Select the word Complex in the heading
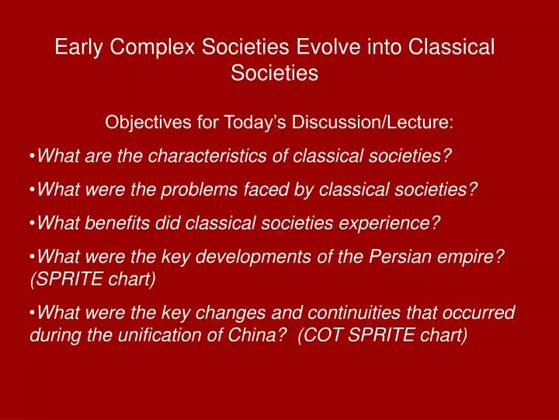pyautogui.click(x=152, y=47)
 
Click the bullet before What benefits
pyautogui.click(x=33, y=224)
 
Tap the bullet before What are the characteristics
pyautogui.click(x=33, y=156)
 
